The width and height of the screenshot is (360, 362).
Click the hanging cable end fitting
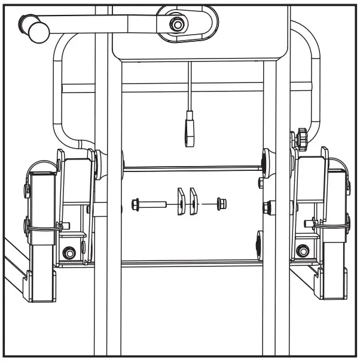pyautogui.click(x=190, y=131)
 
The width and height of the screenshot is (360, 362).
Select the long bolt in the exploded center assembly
pyautogui.click(x=150, y=204)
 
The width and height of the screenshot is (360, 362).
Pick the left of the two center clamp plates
pyautogui.click(x=180, y=201)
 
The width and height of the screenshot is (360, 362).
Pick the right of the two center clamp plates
pyautogui.click(x=194, y=201)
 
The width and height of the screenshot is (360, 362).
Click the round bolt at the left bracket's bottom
pyautogui.click(x=70, y=253)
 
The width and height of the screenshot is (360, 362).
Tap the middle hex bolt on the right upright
pyautogui.click(x=267, y=207)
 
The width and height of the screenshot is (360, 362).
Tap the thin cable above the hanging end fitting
pyautogui.click(x=189, y=84)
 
